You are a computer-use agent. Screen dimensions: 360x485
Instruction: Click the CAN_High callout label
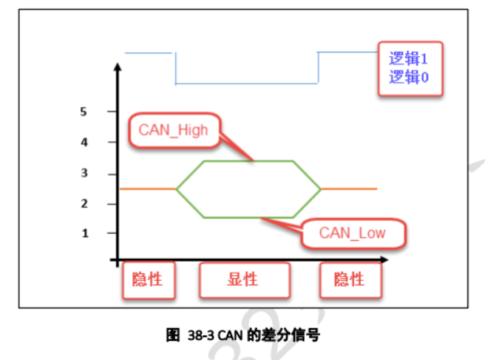tap(173, 131)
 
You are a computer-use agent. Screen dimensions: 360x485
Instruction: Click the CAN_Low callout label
tap(353, 233)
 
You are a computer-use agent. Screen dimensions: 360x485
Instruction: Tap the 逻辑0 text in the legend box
tap(409, 77)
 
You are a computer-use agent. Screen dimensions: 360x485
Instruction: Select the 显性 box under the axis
tap(242, 279)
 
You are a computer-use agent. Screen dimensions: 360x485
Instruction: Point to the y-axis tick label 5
tap(85, 112)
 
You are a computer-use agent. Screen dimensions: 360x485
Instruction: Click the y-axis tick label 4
tap(85, 142)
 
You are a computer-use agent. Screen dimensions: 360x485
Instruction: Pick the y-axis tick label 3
tap(85, 174)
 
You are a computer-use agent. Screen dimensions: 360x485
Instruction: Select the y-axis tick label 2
tap(85, 203)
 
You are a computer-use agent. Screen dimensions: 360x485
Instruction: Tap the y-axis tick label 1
tap(85, 233)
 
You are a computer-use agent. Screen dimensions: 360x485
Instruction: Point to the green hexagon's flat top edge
tap(248, 160)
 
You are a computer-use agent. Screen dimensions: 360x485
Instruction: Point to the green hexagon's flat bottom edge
tap(248, 217)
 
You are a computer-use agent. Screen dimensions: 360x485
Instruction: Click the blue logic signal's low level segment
tap(247, 83)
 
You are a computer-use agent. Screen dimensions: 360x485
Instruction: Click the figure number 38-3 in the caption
tap(200, 335)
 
